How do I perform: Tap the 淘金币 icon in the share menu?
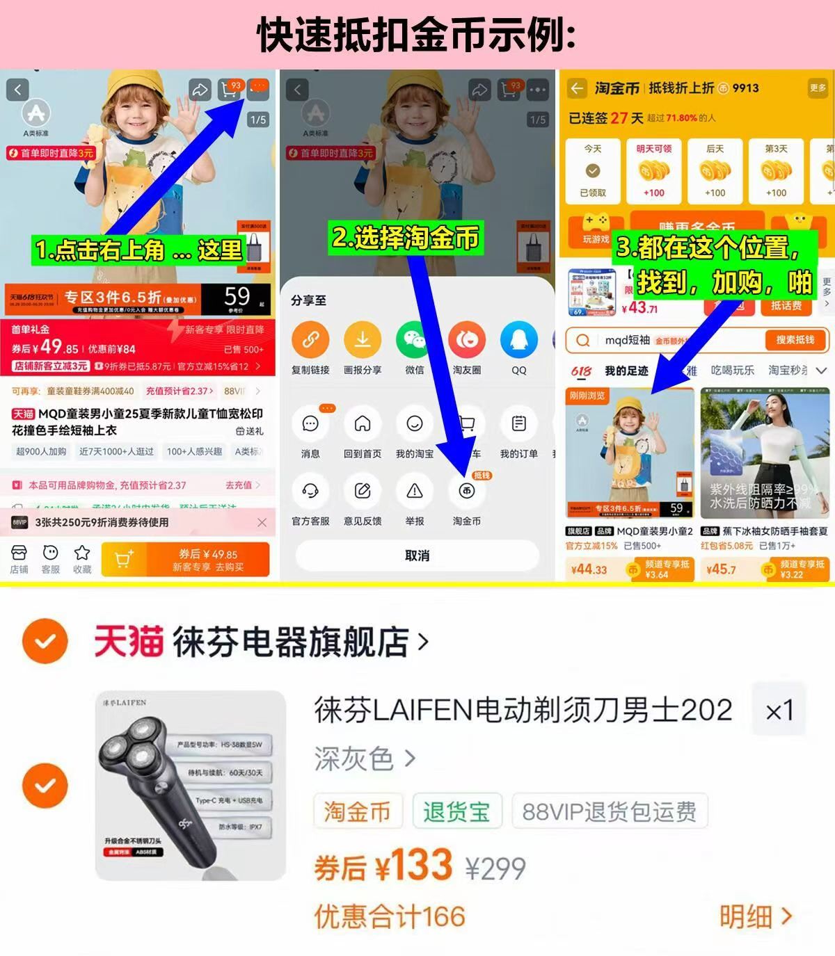466,492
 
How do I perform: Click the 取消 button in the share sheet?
417,556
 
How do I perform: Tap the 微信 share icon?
414,339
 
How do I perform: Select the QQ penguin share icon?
518,339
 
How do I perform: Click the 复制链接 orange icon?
310,339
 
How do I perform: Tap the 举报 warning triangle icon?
414,492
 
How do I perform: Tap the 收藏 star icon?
82,553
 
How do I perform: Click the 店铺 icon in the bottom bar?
19,553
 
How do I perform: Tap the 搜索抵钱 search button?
795,340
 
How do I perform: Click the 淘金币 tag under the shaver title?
357,811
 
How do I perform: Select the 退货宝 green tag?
456,811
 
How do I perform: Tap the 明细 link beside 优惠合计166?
755,917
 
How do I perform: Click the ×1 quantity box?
779,711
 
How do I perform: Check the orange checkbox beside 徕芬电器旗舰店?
45,641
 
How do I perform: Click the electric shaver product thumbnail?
190,786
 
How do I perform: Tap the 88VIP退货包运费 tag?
609,811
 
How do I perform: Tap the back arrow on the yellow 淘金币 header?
577,88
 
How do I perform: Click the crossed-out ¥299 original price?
495,868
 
